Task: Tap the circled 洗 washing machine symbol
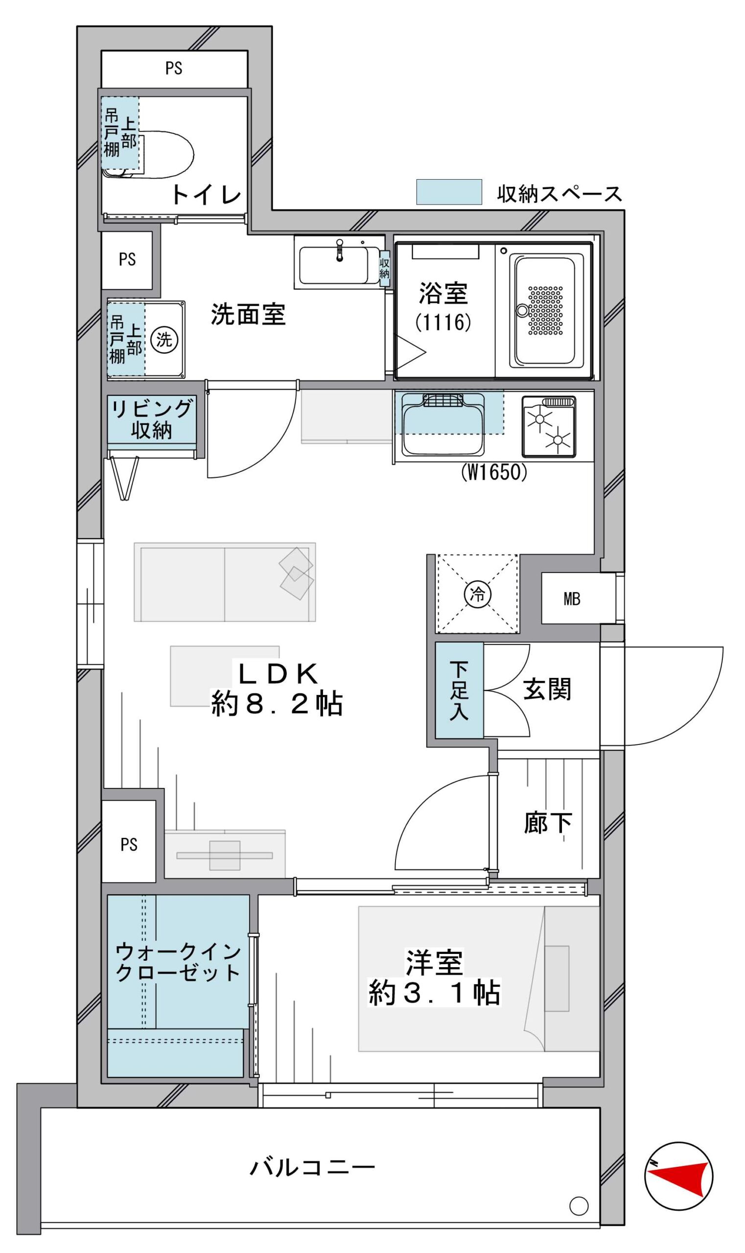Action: (x=164, y=340)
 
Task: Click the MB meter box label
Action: (x=572, y=599)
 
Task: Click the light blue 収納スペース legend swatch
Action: (x=449, y=192)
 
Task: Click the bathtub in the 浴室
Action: (x=545, y=311)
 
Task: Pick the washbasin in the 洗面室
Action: (x=339, y=261)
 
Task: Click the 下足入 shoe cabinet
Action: (x=459, y=690)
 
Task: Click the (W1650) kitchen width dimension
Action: (x=494, y=472)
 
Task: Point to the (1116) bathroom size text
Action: (x=443, y=322)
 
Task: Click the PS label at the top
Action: (x=174, y=68)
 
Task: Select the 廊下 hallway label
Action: (x=548, y=823)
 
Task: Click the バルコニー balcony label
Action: (x=312, y=1154)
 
